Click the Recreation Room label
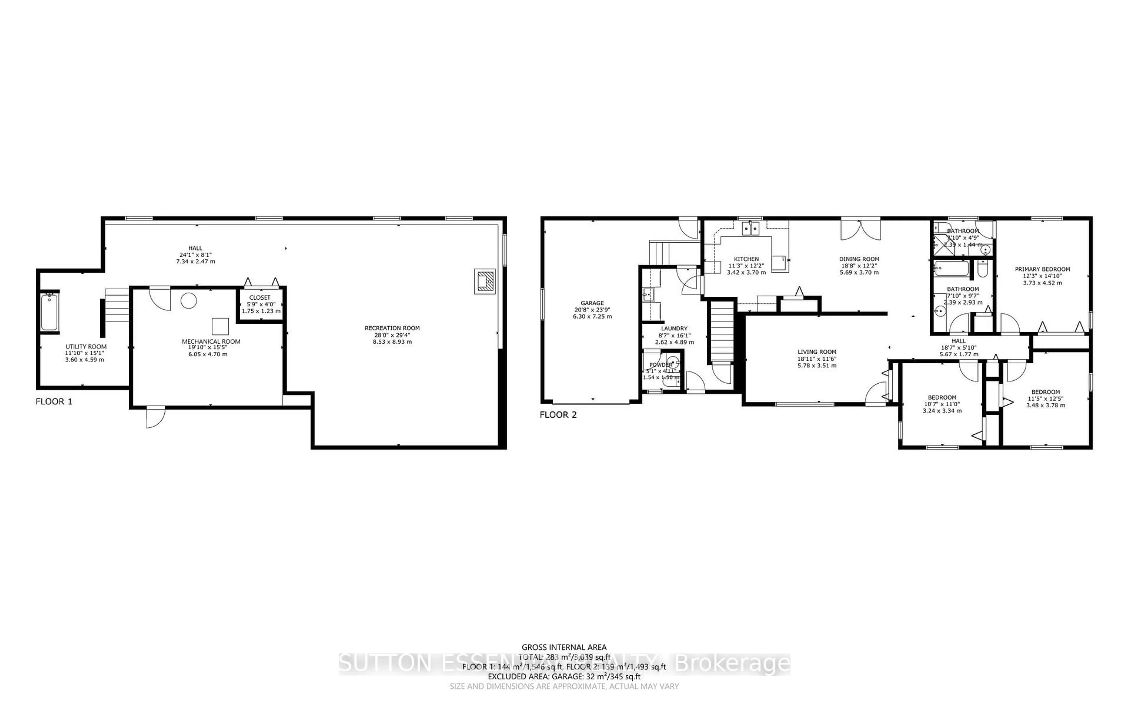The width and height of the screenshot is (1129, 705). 392,328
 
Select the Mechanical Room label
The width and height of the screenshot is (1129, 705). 211,341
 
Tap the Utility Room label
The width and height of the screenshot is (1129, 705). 86,346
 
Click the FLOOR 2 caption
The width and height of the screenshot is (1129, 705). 558,414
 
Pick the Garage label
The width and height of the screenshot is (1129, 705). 592,303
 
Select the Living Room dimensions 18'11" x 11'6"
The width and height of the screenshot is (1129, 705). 817,359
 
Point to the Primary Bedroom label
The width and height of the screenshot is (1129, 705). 1042,269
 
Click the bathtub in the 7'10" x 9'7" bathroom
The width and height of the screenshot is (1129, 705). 952,269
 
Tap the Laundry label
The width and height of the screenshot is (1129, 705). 674,328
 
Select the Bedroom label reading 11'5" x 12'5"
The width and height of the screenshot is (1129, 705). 1046,392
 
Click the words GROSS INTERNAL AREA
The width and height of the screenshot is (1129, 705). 564,647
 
